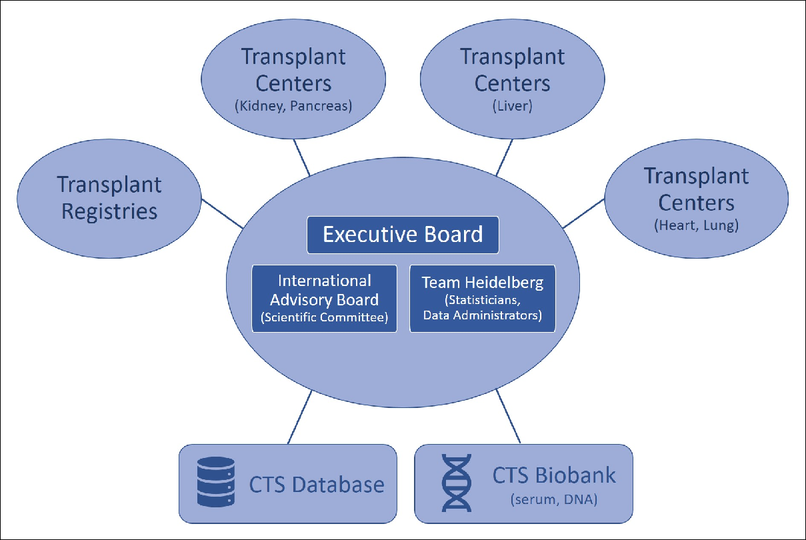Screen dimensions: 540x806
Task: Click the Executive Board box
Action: click(x=403, y=235)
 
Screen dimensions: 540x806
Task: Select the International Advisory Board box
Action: click(x=324, y=299)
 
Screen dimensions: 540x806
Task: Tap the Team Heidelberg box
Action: click(x=482, y=299)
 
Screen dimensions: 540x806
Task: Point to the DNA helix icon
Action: click(x=457, y=483)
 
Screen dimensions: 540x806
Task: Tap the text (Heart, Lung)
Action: click(x=697, y=225)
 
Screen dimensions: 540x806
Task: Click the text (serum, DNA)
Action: click(x=553, y=499)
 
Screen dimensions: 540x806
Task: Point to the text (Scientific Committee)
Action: click(x=324, y=317)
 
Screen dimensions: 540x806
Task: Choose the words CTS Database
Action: click(x=317, y=484)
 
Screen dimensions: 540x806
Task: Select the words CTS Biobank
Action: click(x=554, y=476)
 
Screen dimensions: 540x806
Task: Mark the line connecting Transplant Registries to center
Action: click(x=223, y=213)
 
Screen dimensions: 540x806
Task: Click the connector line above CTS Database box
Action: click(x=299, y=417)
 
